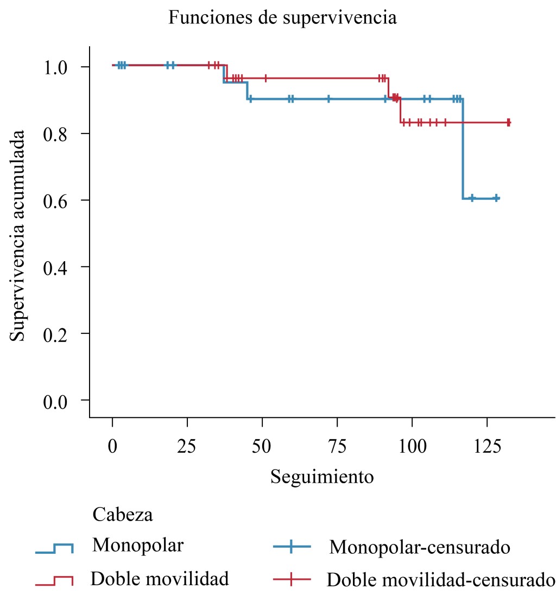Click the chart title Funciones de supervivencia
[x=282, y=18]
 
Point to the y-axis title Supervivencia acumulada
[x=18, y=235]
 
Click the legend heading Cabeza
[x=123, y=514]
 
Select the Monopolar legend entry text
[x=138, y=545]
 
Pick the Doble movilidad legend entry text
[x=160, y=579]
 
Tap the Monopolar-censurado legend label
[x=419, y=547]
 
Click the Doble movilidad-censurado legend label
[x=440, y=580]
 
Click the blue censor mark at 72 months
[x=328, y=99]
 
